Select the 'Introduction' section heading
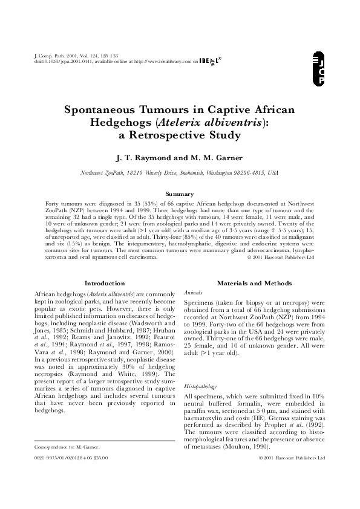click(x=104, y=283)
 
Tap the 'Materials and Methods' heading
click(x=254, y=283)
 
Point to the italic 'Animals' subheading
click(x=191, y=291)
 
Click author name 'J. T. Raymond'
click(x=143, y=158)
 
